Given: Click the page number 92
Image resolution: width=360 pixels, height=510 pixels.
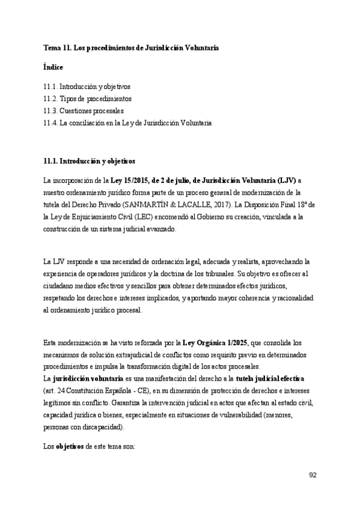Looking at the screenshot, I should point(313,475).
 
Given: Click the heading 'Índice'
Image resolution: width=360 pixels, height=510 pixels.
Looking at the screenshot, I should point(53,67).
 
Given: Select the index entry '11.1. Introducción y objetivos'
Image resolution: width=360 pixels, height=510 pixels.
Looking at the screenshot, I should point(87,87).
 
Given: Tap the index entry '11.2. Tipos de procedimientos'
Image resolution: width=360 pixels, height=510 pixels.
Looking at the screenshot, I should point(87,99).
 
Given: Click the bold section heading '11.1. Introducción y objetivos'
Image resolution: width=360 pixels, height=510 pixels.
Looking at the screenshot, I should point(89,161).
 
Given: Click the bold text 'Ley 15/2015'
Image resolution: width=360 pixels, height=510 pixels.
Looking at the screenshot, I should point(129,180).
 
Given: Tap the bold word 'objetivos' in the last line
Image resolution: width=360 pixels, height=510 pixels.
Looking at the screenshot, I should point(70,447).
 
